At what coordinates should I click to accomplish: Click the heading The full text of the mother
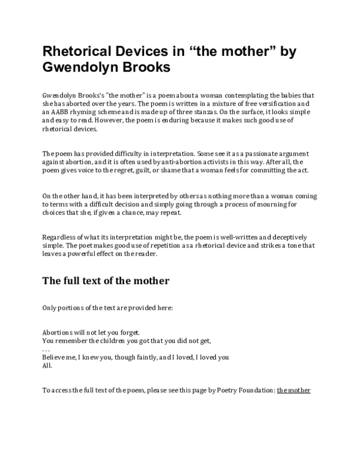(106, 280)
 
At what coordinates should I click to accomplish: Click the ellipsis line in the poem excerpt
(46, 348)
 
